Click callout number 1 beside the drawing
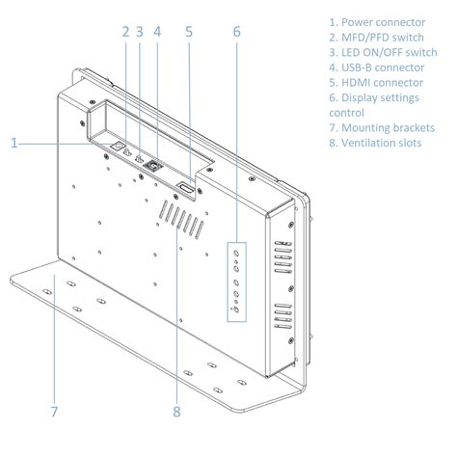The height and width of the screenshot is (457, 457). click(x=13, y=143)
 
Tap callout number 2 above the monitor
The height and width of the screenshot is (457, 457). click(x=125, y=32)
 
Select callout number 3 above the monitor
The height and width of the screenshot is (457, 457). click(x=140, y=32)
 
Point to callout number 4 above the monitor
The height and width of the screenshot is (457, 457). click(x=157, y=32)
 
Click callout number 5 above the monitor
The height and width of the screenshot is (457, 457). click(x=189, y=32)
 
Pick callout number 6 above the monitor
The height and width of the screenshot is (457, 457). click(x=236, y=32)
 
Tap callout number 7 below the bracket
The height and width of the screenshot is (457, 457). click(x=54, y=412)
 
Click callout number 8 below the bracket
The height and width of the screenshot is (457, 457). click(x=176, y=412)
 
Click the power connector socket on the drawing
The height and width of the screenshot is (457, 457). click(x=118, y=147)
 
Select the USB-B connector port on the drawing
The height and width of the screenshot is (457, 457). click(x=153, y=166)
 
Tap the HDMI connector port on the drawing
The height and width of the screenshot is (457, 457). click(x=186, y=188)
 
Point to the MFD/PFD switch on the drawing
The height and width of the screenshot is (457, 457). click(x=127, y=152)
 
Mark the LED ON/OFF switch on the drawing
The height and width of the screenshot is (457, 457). click(x=140, y=159)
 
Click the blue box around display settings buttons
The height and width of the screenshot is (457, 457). click(x=228, y=282)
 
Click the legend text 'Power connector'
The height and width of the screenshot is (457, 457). click(x=384, y=22)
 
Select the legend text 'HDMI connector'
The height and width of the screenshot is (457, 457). click(x=382, y=83)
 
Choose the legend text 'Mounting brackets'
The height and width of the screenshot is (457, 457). click(x=388, y=128)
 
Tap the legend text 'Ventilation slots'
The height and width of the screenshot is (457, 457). click(x=381, y=143)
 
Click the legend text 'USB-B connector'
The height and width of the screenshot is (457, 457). click(x=383, y=67)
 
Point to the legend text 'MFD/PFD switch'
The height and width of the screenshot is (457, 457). click(x=383, y=38)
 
